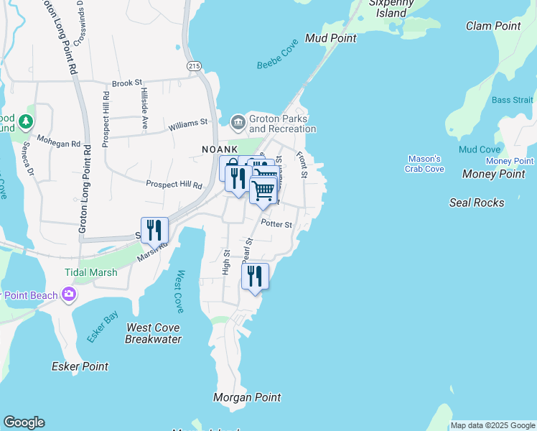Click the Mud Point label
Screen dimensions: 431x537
coord(330,38)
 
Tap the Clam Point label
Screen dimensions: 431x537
coord(493,26)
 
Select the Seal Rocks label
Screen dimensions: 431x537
coord(477,203)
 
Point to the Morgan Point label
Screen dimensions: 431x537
coord(247,397)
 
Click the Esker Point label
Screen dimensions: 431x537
coord(80,366)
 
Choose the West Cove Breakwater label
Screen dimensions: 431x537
coord(153,333)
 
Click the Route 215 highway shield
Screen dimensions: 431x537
coord(194,65)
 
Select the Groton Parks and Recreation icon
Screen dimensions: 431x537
coord(238,121)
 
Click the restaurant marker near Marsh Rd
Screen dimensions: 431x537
coord(154,230)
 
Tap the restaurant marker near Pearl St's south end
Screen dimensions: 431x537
coord(255,276)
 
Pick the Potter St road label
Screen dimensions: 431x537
coord(276,224)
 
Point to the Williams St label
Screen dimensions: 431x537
coord(188,125)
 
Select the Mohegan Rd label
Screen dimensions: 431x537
coord(59,143)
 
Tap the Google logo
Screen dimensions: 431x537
coord(24,422)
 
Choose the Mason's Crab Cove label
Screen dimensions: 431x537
coord(426,164)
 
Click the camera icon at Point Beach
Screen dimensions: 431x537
coord(69,294)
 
